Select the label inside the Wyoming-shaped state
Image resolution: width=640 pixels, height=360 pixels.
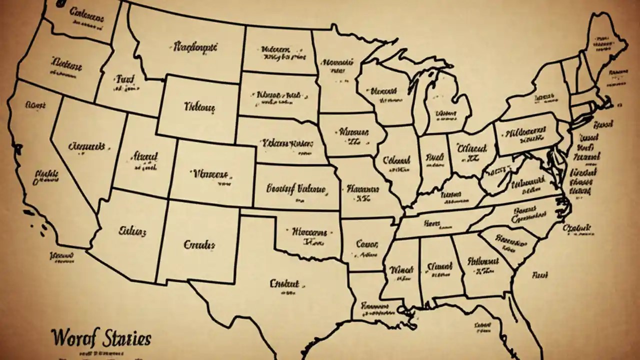click(199, 106)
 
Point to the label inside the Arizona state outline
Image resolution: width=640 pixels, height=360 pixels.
click(132, 231)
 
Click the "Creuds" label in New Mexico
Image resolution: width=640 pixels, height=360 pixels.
click(199, 245)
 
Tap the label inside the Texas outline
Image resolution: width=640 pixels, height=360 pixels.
click(284, 283)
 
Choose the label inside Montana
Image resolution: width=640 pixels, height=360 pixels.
click(195, 47)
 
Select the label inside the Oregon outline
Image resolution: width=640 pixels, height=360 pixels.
click(66, 63)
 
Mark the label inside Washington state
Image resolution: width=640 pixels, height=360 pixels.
click(86, 14)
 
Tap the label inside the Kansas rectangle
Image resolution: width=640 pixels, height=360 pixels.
click(295, 189)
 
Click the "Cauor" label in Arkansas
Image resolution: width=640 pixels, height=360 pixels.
click(367, 244)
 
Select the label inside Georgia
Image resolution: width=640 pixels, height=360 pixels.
click(483, 261)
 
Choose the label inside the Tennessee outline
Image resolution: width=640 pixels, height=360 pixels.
click(433, 223)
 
